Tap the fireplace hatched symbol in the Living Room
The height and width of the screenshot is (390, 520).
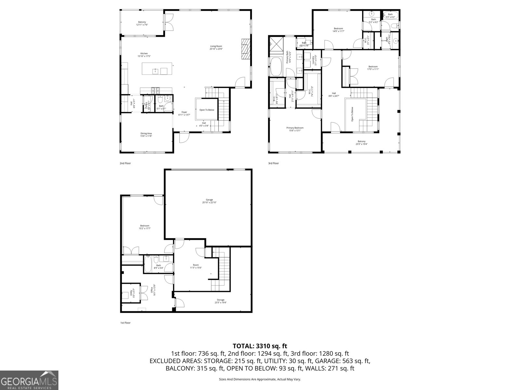[x=246, y=48]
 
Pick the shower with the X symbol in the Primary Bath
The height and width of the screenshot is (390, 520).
[x=277, y=44]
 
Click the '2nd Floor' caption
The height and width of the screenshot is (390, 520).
[x=125, y=163]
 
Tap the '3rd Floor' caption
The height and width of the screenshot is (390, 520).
[x=273, y=163]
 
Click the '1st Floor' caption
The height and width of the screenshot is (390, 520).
[x=125, y=323]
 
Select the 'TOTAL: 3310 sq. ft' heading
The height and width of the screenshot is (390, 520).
[x=260, y=346]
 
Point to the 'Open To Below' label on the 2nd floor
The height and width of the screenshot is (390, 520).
[x=207, y=110]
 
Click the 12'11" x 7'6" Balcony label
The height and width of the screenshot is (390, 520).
[x=142, y=23]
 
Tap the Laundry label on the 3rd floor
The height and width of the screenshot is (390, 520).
[x=314, y=60]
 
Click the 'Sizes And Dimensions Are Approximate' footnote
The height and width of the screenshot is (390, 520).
[x=260, y=379]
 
